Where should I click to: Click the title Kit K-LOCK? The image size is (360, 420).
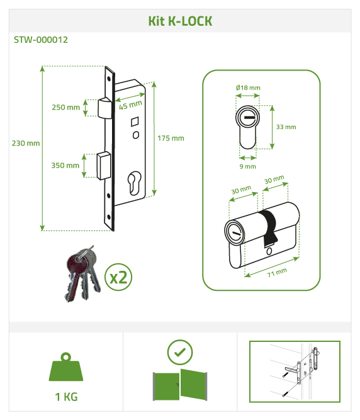[x=180, y=21]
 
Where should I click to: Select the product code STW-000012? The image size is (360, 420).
[x=41, y=40]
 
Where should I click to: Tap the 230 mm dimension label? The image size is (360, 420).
[x=26, y=143]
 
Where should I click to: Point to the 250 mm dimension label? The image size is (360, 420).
[x=66, y=107]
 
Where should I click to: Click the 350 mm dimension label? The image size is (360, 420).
[x=65, y=165]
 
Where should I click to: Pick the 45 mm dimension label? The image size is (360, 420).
[x=130, y=105]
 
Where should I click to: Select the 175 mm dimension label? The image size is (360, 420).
[x=171, y=138]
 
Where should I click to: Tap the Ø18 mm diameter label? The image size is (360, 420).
[x=248, y=88]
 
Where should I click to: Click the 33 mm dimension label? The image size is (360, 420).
[x=286, y=127]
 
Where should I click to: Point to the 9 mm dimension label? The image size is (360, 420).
[x=247, y=166]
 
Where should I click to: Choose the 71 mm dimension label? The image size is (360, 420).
[x=277, y=272]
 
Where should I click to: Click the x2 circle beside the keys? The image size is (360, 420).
[x=118, y=277]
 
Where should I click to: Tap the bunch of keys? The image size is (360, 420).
[x=82, y=274]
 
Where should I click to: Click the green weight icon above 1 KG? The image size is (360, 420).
[x=66, y=367]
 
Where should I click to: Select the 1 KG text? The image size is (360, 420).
[x=66, y=397]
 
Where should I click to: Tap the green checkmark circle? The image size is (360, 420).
[x=180, y=352]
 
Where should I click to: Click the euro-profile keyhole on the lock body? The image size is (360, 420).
[x=134, y=183]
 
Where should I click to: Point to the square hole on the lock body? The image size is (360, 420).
[x=135, y=122]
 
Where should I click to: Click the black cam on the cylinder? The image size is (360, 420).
[x=269, y=228]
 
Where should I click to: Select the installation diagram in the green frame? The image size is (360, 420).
[x=295, y=372]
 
